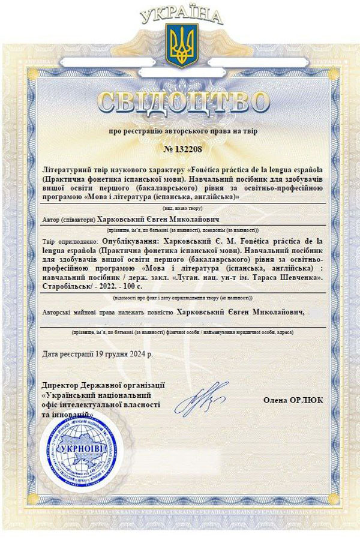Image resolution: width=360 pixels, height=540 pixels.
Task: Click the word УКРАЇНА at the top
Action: (179, 15)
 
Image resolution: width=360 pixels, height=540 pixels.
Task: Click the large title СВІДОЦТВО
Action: (179, 102)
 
